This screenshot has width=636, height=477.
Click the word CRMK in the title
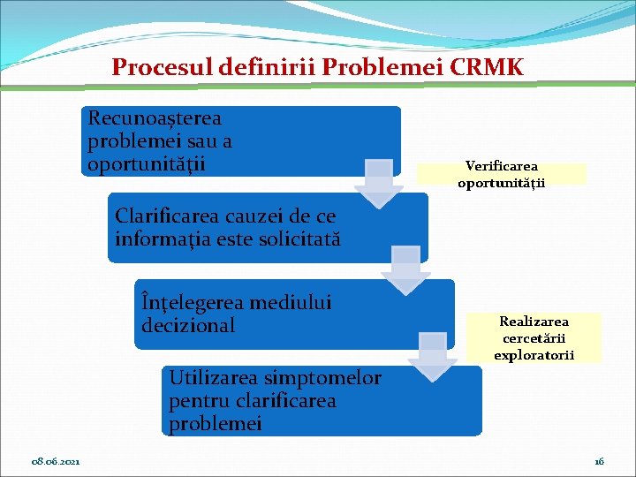(x=488, y=66)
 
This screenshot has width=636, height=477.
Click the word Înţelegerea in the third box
(x=192, y=303)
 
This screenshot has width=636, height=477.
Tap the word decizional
(x=188, y=326)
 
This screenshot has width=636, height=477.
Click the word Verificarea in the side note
(x=502, y=166)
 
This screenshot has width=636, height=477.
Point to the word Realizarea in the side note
(x=534, y=322)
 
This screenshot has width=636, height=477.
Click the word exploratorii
(x=534, y=355)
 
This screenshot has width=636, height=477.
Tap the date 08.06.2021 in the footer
(x=57, y=461)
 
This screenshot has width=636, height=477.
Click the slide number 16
(x=599, y=461)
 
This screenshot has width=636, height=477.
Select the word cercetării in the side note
(x=534, y=338)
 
